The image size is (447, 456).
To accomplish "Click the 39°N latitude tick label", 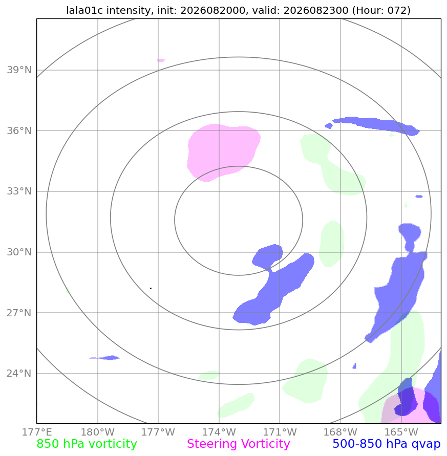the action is click(x=19, y=70).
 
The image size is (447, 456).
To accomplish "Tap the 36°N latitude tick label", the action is click(x=19, y=131).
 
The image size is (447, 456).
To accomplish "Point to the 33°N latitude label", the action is click(x=19, y=191).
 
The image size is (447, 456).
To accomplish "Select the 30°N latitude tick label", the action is click(x=19, y=252).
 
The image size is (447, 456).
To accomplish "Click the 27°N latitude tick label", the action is click(x=19, y=313).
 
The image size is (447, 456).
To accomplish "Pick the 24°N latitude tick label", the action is click(x=19, y=374).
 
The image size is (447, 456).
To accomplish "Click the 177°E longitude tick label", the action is click(x=37, y=432).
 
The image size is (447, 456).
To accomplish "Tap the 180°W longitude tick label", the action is click(x=97, y=432).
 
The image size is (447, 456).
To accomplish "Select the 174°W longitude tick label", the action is click(x=219, y=432).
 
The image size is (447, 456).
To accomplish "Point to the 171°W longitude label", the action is click(x=280, y=432).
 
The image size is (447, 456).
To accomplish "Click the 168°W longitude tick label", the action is click(x=340, y=432).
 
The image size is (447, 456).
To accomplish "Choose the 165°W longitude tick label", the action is click(x=401, y=432).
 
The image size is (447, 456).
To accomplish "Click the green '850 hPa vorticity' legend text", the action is click(x=87, y=444).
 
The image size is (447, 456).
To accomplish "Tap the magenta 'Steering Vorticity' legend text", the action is click(x=238, y=444).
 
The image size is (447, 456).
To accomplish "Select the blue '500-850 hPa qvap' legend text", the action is click(x=387, y=444).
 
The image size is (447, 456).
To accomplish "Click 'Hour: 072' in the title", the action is click(x=381, y=10).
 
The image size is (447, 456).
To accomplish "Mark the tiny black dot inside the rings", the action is click(x=151, y=288).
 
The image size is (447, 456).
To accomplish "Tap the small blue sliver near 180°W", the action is click(x=105, y=358).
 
